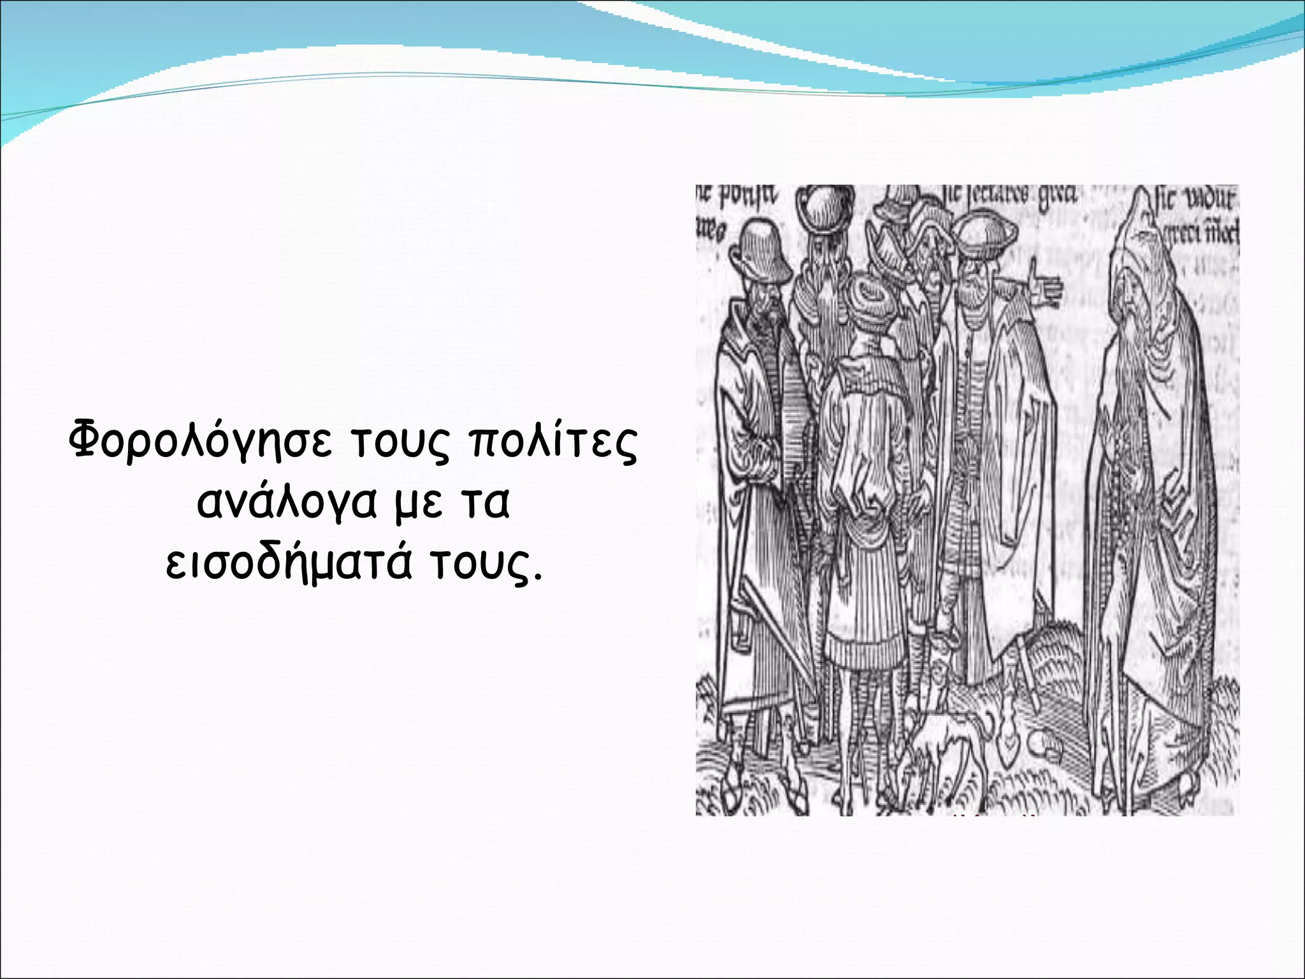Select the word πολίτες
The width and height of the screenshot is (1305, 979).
552,441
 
